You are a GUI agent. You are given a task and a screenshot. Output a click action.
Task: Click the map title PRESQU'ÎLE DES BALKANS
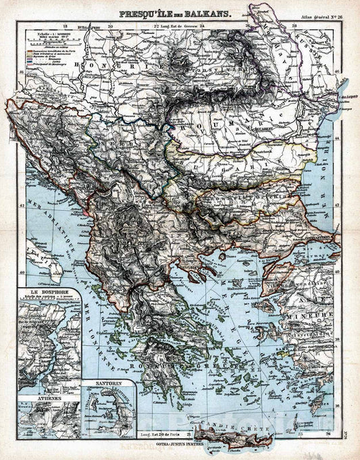tap(175, 14)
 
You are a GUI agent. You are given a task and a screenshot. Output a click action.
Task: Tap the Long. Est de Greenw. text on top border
tap(182, 26)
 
